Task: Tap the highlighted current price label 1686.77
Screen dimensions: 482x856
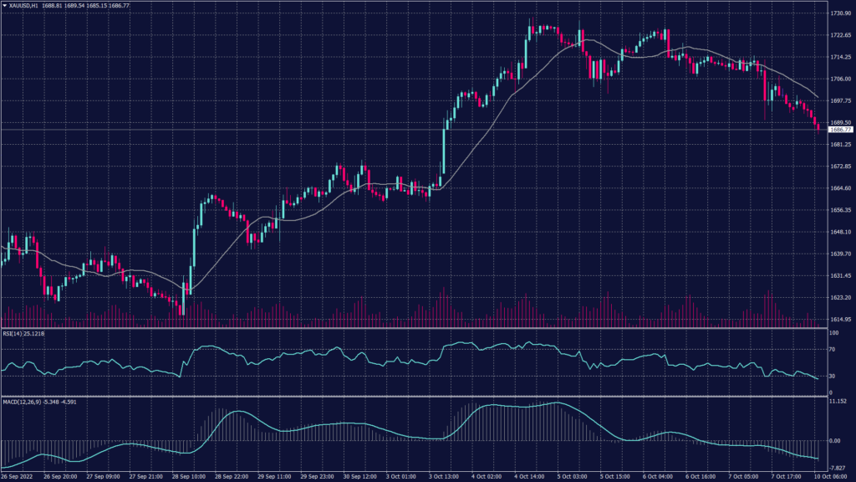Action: [x=840, y=130]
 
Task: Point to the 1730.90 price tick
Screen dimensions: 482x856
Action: [x=840, y=14]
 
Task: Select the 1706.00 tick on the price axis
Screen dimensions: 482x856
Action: [x=840, y=79]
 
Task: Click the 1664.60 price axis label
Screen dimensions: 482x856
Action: [x=840, y=188]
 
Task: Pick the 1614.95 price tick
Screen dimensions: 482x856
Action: [x=840, y=320]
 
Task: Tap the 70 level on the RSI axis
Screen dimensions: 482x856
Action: [x=833, y=351]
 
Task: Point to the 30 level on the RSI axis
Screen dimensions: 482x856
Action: [x=833, y=377]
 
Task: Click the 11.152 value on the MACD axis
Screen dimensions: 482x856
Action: [x=838, y=402]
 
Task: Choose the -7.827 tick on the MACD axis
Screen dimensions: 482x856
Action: [x=838, y=468]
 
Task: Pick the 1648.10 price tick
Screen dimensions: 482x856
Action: [x=840, y=232]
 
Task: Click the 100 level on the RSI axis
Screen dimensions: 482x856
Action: [x=833, y=333]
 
